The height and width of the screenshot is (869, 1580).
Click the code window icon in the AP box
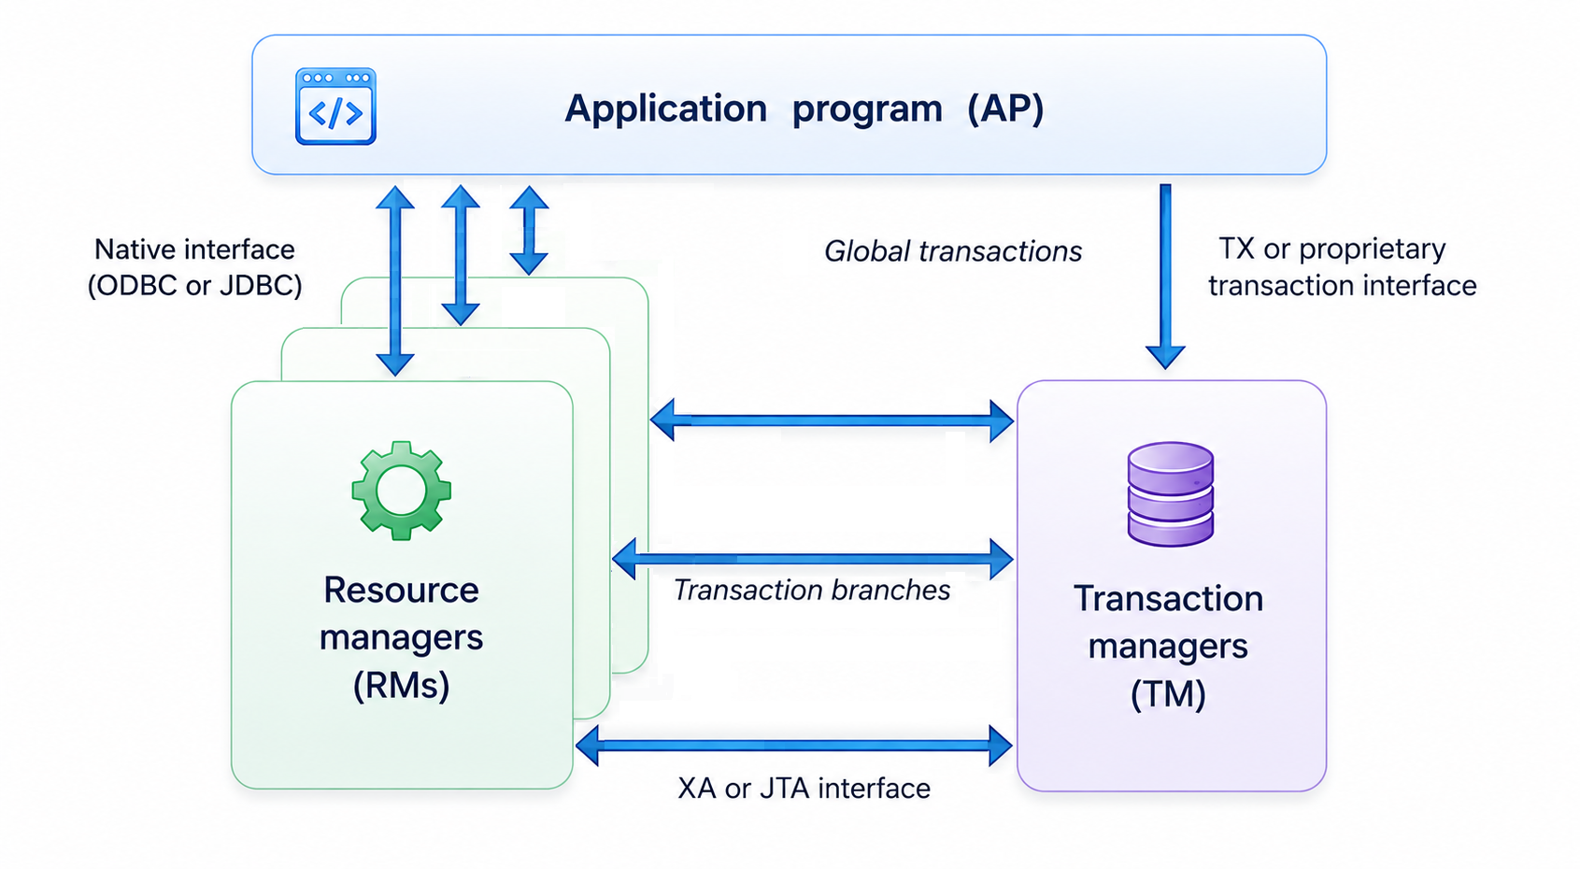pos(335,107)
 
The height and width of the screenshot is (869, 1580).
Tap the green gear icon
pos(402,491)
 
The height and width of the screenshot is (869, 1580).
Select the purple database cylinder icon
pos(1170,493)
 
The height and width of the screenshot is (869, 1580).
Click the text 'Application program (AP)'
pos(804,109)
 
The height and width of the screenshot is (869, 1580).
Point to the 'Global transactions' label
pos(953,251)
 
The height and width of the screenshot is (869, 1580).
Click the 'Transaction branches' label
pos(812,591)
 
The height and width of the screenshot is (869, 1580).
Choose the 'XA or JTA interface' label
pos(804,789)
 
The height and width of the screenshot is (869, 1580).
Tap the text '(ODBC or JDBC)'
pos(194,286)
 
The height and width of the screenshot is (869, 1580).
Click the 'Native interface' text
pos(194,249)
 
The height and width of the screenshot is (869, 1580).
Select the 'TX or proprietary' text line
pos(1332,249)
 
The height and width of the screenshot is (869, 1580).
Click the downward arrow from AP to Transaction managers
pos(1165,277)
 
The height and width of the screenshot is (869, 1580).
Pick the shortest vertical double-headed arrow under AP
pos(529,230)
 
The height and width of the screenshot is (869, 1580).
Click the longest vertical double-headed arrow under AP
pos(395,280)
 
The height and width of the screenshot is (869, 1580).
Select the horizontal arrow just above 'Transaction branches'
pos(813,560)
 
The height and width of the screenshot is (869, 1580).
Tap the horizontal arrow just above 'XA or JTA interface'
pos(794,746)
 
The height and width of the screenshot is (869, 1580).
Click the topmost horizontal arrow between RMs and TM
pos(832,420)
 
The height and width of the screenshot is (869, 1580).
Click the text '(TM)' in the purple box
pos(1168,694)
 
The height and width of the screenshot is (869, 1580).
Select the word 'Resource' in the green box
pos(402,590)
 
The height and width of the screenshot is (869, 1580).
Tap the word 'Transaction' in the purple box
pos(1168,599)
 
